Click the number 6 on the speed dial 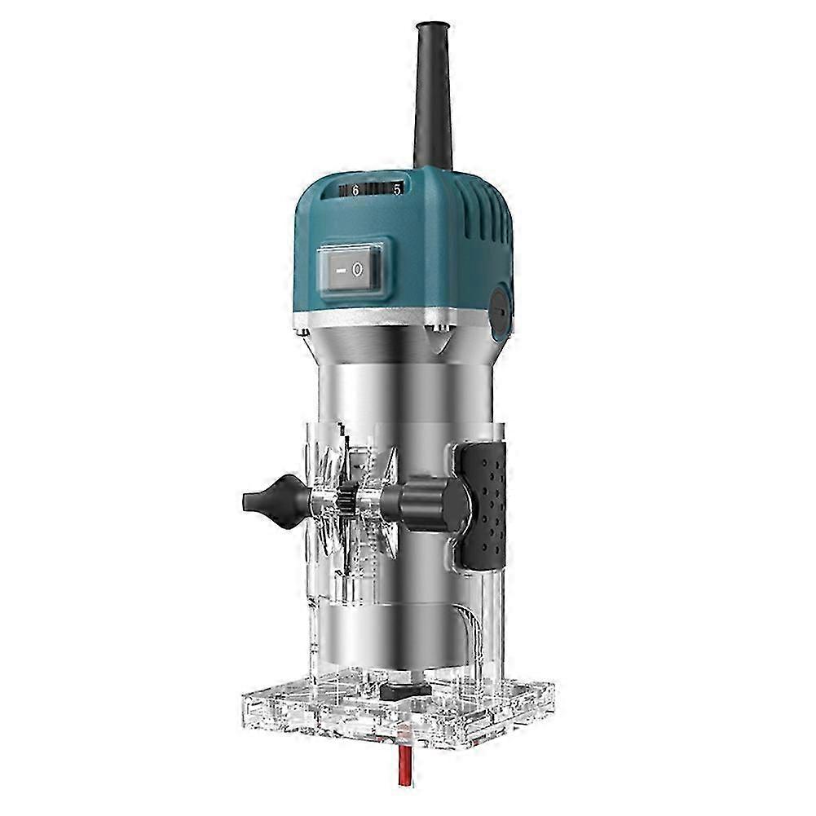tap(355, 191)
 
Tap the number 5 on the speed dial tap(397, 190)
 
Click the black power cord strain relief tap(433, 96)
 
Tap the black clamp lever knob tap(426, 505)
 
